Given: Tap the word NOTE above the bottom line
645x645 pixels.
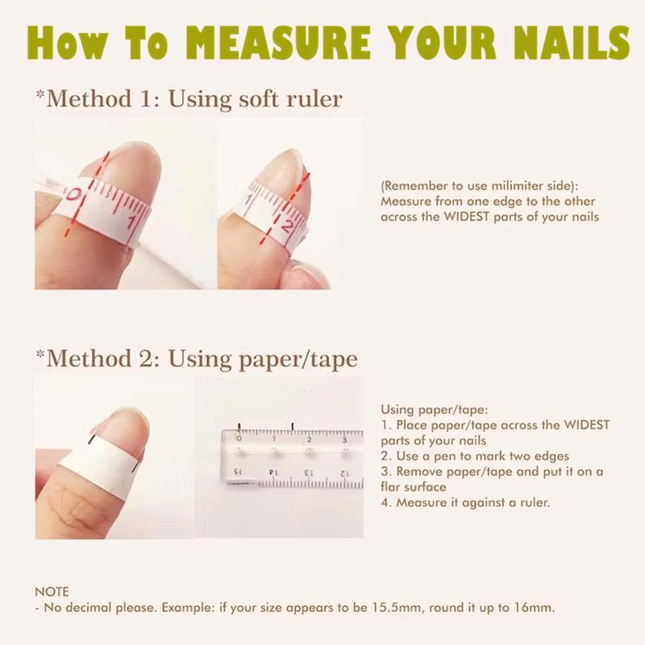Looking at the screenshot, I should pos(52,591).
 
